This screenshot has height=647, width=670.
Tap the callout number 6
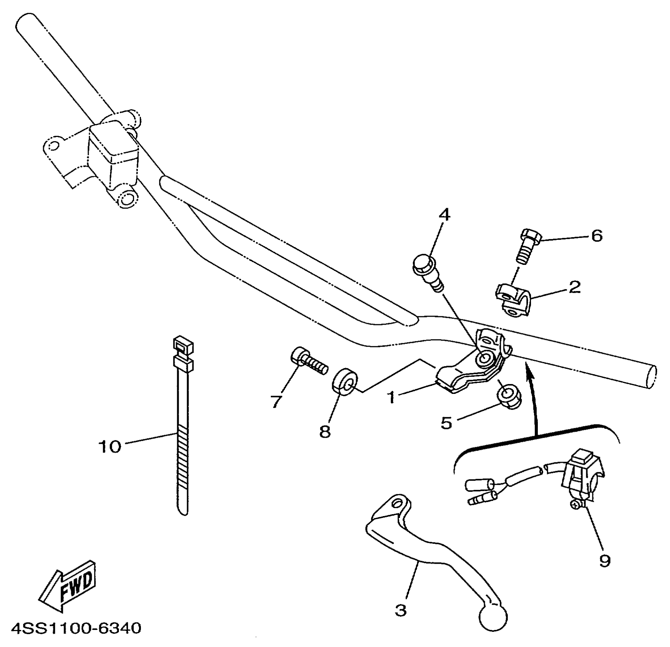[596, 236]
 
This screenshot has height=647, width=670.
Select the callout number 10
[110, 446]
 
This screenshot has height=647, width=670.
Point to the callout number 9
[605, 560]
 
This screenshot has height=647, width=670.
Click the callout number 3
[401, 610]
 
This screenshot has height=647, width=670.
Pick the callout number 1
[392, 397]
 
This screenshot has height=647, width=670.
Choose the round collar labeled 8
[345, 381]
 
